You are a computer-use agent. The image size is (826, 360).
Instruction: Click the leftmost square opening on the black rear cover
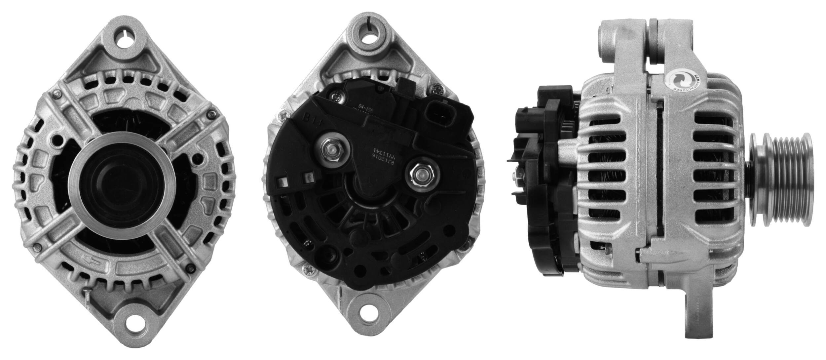point(283,182)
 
